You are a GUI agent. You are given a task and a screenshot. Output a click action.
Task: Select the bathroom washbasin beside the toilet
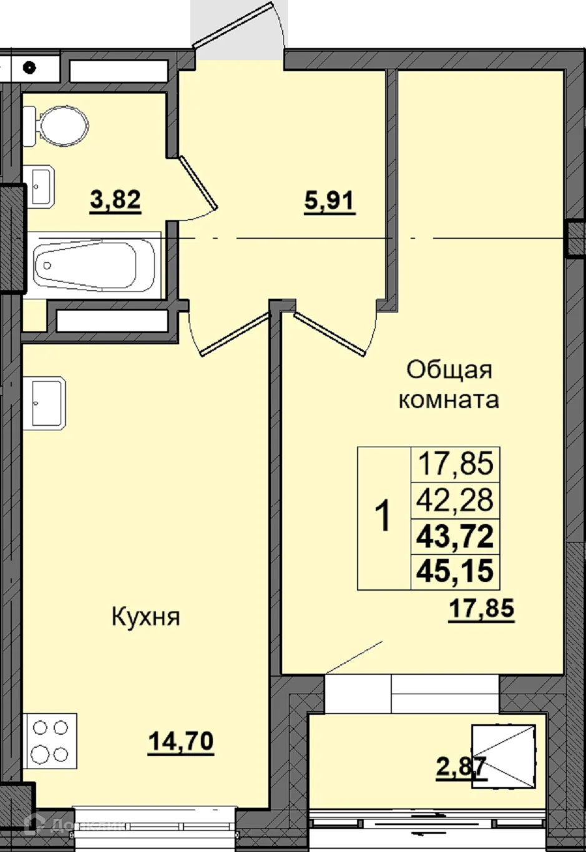point(41,185)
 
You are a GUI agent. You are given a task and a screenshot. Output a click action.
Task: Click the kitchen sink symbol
point(44,403)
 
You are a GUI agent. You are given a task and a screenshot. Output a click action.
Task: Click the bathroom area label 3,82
point(115,201)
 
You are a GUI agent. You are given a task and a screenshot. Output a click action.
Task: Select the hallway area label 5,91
point(329,201)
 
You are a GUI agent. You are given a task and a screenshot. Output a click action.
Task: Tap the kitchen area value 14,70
point(180,742)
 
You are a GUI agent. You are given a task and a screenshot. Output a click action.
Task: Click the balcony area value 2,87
point(460,767)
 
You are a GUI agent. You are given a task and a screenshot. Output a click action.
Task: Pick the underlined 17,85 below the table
point(481,608)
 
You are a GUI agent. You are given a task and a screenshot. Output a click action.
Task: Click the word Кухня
point(145,617)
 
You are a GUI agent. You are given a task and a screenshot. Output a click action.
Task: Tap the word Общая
point(449,370)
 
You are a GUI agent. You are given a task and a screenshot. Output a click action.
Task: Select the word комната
point(449,399)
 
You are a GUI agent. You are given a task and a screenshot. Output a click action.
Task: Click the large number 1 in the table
point(384,518)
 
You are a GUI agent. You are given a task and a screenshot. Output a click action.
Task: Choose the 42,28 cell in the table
point(456,500)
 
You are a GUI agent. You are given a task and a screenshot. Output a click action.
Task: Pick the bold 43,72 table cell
point(456,536)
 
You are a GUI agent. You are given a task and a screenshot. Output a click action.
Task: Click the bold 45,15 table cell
point(456,571)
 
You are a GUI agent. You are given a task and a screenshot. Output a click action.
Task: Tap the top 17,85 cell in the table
point(456,464)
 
